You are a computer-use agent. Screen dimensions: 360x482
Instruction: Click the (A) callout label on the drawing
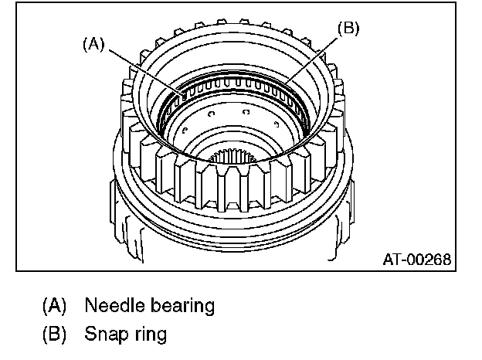94,45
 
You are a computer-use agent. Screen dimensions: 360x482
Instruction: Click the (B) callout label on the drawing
349,29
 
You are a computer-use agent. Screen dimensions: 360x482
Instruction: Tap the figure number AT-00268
416,259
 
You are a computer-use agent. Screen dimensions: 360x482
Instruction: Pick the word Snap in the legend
104,335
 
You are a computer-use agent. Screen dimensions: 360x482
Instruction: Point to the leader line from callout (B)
313,59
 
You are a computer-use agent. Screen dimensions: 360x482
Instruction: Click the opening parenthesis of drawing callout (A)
84,45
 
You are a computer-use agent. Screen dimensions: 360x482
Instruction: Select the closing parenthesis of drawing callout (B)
358,29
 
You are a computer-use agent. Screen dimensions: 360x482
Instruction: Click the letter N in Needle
90,305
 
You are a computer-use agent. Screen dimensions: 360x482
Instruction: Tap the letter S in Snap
90,335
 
